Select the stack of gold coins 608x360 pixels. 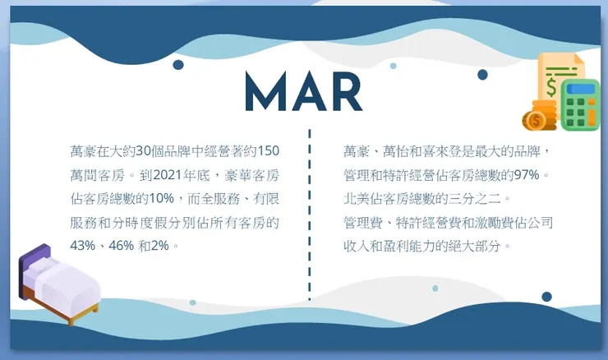point(540,116)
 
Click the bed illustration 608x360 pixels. point(59,284)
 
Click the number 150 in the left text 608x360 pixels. point(269,151)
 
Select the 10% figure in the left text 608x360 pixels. point(161,198)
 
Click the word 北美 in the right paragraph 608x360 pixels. point(356,198)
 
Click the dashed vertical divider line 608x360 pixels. point(310,214)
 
